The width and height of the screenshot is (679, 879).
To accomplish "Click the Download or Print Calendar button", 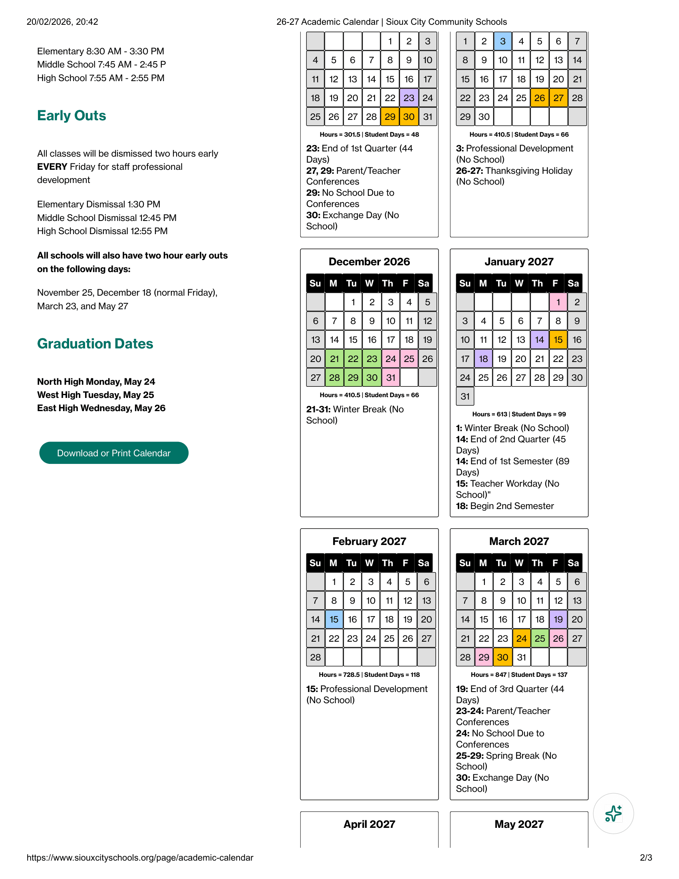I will pyautogui.click(x=114, y=453).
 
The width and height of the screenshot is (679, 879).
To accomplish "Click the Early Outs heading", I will pyautogui.click(x=71, y=115).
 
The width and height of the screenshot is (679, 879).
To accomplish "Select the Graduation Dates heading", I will pyautogui.click(x=95, y=344).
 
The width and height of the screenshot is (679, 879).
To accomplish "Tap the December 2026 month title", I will pyautogui.click(x=369, y=262).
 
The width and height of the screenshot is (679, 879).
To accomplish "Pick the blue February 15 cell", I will pyautogui.click(x=334, y=619).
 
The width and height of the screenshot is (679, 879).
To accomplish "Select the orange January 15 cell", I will pyautogui.click(x=558, y=340).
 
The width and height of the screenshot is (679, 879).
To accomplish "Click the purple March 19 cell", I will pyautogui.click(x=558, y=619).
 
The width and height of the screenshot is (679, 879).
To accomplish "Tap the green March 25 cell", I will pyautogui.click(x=540, y=638).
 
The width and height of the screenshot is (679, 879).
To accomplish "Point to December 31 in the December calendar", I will pyautogui.click(x=391, y=378).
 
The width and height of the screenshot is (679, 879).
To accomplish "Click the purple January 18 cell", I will pyautogui.click(x=484, y=359).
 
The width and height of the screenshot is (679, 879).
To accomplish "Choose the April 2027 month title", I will pyautogui.click(x=369, y=824).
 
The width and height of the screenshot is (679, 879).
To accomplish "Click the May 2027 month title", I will pyautogui.click(x=519, y=824).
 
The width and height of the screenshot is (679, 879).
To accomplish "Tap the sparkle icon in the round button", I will pyautogui.click(x=613, y=813).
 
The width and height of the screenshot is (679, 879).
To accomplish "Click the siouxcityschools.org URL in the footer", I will pyautogui.click(x=140, y=858).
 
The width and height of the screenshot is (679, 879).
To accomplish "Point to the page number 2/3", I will pyautogui.click(x=645, y=858).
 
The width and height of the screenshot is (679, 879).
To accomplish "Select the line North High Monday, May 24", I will pyautogui.click(x=96, y=382).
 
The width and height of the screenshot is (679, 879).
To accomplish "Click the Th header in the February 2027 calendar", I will pyautogui.click(x=387, y=563).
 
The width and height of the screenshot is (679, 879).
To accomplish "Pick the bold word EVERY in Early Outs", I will pyautogui.click(x=52, y=167).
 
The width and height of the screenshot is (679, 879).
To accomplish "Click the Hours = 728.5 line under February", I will pyautogui.click(x=369, y=674).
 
